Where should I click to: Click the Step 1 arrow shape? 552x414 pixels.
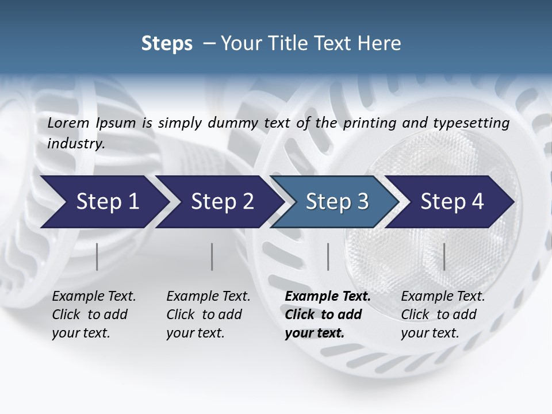coord(103,202)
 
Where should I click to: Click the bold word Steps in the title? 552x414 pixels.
coord(167,44)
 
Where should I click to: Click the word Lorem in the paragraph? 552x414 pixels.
coord(68,123)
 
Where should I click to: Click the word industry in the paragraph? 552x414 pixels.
coord(75,144)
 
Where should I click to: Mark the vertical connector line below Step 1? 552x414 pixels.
coord(97,256)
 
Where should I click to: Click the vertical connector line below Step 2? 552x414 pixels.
coord(212,256)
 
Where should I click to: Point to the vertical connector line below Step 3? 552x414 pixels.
coord(328,256)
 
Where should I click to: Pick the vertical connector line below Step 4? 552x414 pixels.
coord(444,256)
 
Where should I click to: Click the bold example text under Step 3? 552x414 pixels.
coord(327,315)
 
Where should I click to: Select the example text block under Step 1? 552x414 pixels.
coord(93,315)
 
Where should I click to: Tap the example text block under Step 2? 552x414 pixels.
coord(208,315)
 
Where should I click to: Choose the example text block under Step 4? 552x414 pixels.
coord(442,315)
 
